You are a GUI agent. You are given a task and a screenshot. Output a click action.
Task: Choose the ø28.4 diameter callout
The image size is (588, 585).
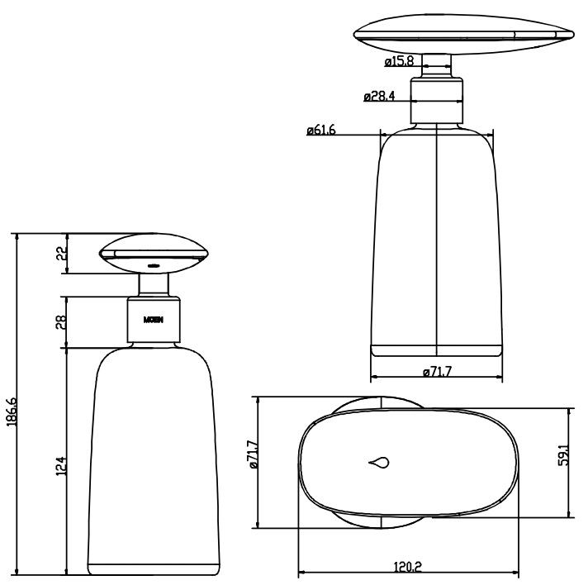click(379, 96)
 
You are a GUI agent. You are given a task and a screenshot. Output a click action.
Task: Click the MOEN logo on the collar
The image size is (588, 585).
click(154, 320)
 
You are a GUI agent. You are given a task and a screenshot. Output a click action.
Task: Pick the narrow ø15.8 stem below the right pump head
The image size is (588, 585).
click(436, 64)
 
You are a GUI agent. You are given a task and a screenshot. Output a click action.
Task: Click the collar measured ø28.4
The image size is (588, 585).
click(436, 100)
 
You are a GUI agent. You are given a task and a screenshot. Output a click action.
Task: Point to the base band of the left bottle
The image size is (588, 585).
click(154, 568)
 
